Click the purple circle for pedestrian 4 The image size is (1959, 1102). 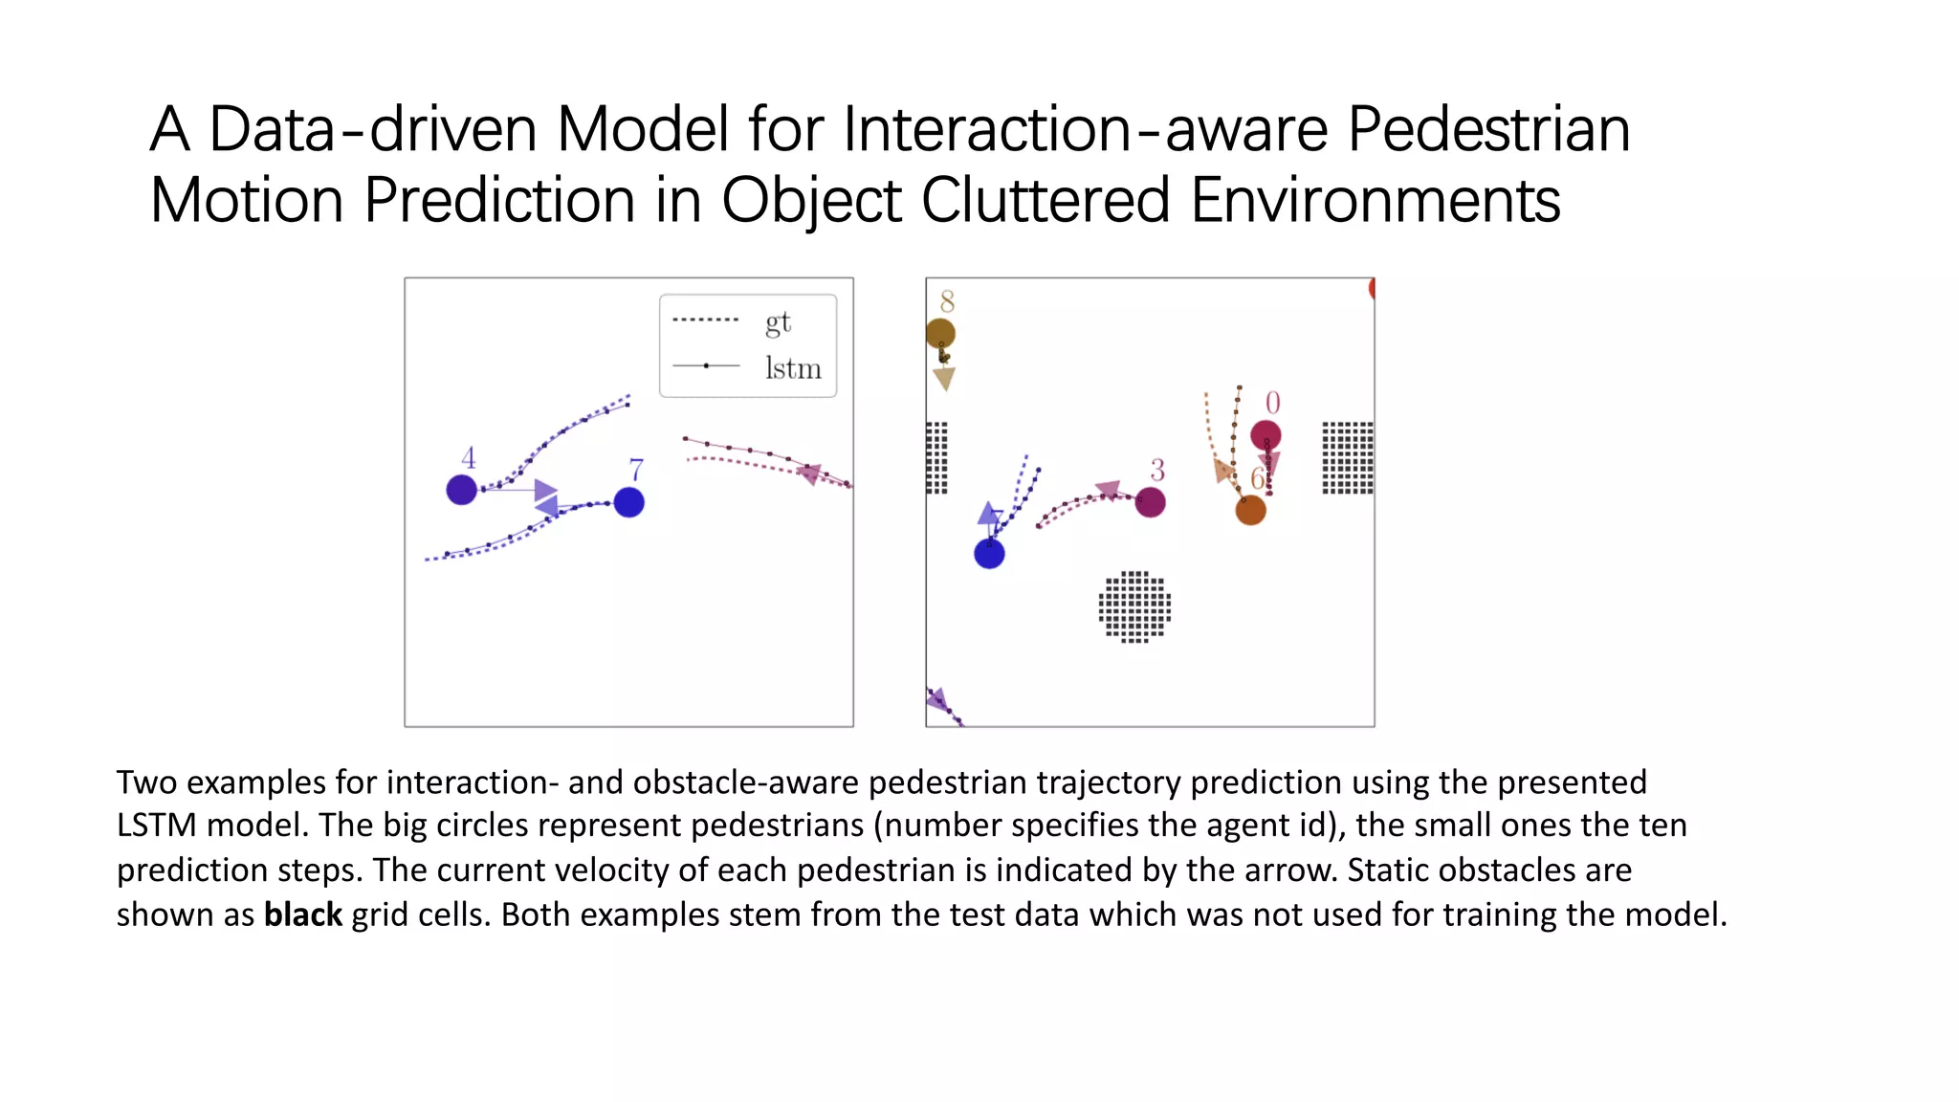462,490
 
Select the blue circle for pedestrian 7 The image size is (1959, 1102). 628,502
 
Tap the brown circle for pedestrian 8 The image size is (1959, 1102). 940,334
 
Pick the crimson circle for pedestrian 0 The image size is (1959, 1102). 1266,435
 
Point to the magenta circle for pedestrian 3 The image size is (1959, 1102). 1150,502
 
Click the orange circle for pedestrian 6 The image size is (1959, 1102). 1250,510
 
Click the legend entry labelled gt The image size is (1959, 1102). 778,322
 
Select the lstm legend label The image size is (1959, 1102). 793,368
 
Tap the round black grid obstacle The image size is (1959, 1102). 1134,606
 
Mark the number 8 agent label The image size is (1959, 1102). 947,301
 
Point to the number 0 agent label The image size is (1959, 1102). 1272,403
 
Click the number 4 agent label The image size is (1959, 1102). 468,457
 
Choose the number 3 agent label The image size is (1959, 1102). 1157,470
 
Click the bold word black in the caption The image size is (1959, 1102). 302,915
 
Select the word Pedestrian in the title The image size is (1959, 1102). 1488,130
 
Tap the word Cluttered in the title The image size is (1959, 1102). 1046,201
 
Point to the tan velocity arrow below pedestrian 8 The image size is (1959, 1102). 944,379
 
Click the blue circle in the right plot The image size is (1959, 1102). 989,553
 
